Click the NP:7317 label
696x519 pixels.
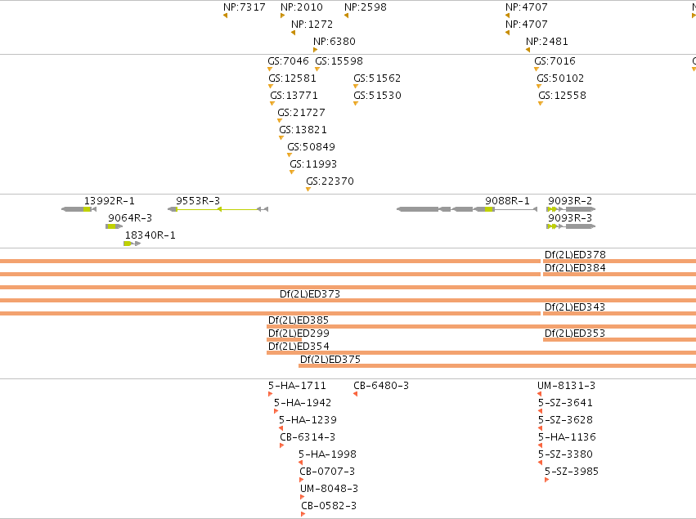tap(245, 7)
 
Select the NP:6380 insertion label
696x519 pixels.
tap(335, 41)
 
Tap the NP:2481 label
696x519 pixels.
tap(547, 41)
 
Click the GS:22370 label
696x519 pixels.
tap(330, 181)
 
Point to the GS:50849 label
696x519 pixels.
tap(311, 147)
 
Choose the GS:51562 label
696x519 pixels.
tap(377, 78)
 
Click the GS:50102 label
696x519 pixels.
tap(560, 78)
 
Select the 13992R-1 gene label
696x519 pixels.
tap(110, 201)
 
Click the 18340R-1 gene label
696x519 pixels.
tap(150, 235)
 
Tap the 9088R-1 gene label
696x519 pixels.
tap(507, 201)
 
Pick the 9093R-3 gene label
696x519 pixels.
tap(570, 217)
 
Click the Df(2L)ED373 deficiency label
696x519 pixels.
tap(310, 293)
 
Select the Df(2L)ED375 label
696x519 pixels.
tap(330, 359)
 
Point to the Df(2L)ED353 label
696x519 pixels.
tap(575, 333)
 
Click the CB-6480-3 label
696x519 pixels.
tap(381, 386)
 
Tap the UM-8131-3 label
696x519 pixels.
tap(567, 386)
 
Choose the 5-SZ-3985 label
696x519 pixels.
tap(572, 471)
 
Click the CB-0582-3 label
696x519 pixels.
tap(329, 506)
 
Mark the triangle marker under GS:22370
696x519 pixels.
tap(308, 190)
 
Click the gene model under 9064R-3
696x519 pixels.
tap(114, 226)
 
